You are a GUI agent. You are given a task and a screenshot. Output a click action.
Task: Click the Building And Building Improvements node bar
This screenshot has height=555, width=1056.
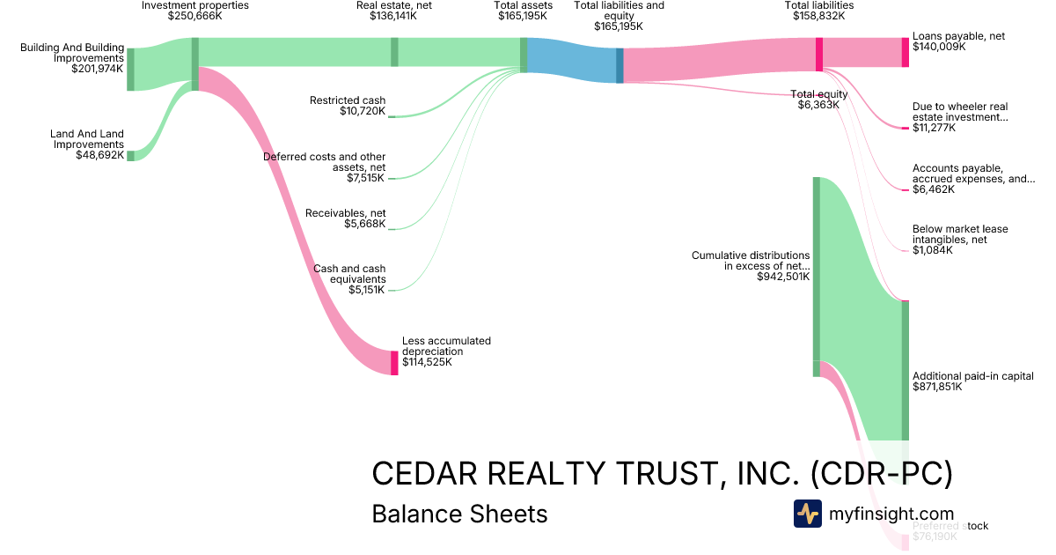click(x=131, y=70)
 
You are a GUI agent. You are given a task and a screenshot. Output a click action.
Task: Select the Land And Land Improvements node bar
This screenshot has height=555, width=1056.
click(x=131, y=156)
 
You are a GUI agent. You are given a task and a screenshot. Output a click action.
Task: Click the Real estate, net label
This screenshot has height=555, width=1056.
click(x=393, y=5)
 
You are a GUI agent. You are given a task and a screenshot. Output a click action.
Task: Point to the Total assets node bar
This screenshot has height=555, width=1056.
click(x=524, y=55)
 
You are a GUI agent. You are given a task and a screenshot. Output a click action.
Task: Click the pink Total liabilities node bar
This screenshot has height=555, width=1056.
click(x=819, y=55)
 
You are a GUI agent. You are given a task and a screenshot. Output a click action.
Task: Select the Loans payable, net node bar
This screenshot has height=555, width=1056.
click(x=906, y=53)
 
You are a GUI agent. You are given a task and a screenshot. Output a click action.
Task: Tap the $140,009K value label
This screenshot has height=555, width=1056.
click(x=939, y=48)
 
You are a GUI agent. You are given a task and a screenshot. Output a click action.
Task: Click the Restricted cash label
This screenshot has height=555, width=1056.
click(x=348, y=100)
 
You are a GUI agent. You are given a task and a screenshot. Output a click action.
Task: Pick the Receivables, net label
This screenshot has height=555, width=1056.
click(x=345, y=213)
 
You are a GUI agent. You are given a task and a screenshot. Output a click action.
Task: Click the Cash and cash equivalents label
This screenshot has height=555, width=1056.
click(x=349, y=274)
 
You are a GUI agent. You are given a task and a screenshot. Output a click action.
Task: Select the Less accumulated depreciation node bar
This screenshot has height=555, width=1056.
click(x=394, y=363)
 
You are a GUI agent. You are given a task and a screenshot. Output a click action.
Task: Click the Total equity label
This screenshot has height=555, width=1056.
click(x=818, y=94)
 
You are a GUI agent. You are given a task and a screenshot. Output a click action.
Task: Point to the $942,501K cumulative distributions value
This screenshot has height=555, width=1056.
click(x=783, y=277)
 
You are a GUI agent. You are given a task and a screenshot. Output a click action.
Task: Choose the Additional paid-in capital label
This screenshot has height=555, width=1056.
click(x=972, y=376)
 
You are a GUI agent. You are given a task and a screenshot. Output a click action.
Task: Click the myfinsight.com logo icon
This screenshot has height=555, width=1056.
click(x=807, y=514)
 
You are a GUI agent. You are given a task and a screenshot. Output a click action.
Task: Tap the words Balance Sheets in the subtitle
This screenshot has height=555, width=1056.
click(x=459, y=514)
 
